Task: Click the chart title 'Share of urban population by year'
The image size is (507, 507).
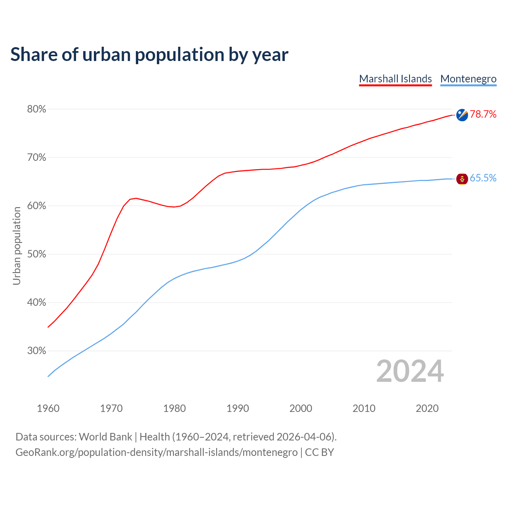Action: [149, 54]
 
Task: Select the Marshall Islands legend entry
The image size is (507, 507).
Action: [395, 79]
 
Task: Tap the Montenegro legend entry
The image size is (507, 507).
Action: [468, 79]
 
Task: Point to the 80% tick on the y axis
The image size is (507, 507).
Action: [36, 109]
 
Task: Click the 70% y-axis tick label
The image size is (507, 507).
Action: [36, 158]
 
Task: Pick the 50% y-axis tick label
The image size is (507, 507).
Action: [36, 254]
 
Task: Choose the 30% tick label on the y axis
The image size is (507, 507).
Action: [36, 351]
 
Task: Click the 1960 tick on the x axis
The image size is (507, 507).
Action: [48, 408]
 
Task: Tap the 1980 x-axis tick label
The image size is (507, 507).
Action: [174, 408]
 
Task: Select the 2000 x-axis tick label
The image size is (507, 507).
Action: [301, 408]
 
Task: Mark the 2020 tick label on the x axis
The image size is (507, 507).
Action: [427, 408]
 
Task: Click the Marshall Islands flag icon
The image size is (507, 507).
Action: [462, 115]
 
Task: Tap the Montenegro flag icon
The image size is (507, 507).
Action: [462, 179]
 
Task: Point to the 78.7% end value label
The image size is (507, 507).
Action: [483, 114]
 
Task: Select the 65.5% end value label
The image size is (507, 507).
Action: [483, 178]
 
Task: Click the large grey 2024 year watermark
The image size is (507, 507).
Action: [410, 371]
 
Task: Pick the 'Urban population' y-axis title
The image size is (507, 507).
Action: [17, 246]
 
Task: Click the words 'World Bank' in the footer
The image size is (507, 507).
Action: [105, 437]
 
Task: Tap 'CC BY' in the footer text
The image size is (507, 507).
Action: [319, 452]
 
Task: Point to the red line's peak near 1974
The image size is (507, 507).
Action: [136, 198]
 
